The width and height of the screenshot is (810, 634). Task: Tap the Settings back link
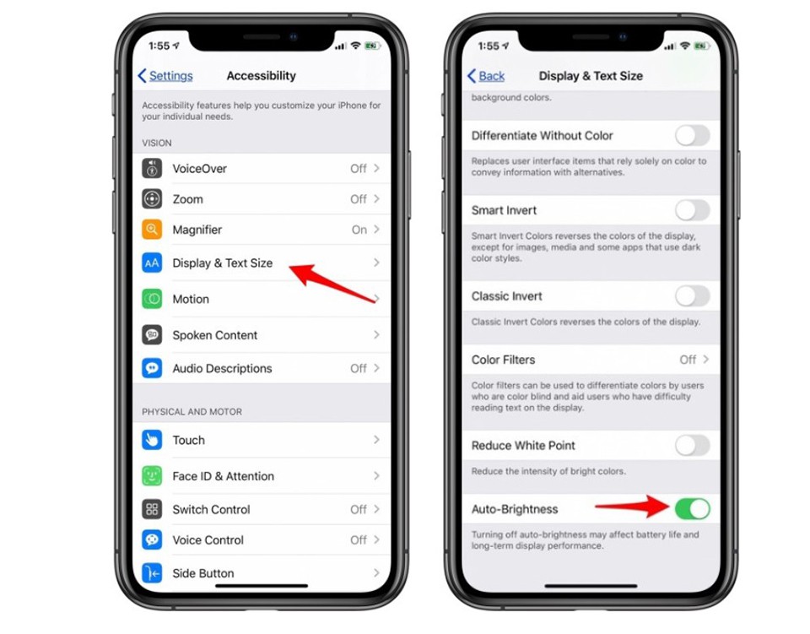pyautogui.click(x=165, y=76)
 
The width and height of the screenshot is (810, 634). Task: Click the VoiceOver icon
pyautogui.click(x=152, y=169)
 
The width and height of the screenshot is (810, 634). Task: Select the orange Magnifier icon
pyautogui.click(x=152, y=230)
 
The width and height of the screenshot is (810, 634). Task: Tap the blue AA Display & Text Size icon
pyautogui.click(x=152, y=263)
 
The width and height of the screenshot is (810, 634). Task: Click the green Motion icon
pyautogui.click(x=152, y=299)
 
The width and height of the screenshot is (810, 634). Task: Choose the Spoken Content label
pyautogui.click(x=215, y=335)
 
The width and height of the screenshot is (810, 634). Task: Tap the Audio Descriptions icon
pyautogui.click(x=152, y=368)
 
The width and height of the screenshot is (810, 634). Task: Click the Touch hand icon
pyautogui.click(x=152, y=440)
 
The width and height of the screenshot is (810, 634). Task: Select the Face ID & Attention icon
pyautogui.click(x=152, y=476)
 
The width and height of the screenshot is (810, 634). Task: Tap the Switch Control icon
pyautogui.click(x=152, y=509)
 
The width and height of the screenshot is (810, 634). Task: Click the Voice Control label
pyautogui.click(x=208, y=540)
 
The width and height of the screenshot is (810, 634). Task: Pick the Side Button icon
pyautogui.click(x=152, y=573)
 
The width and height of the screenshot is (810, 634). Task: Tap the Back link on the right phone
pyautogui.click(x=486, y=76)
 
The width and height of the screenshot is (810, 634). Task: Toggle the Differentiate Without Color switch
pyautogui.click(x=692, y=136)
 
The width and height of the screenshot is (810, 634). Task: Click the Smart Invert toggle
pyautogui.click(x=692, y=210)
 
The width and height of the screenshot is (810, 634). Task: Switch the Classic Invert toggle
pyautogui.click(x=692, y=296)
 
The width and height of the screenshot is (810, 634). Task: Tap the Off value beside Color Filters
pyautogui.click(x=688, y=360)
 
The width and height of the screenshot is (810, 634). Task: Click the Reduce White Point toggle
pyautogui.click(x=692, y=446)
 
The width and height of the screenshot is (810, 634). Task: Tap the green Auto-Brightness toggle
pyautogui.click(x=692, y=509)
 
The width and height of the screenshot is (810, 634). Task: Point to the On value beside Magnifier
pyautogui.click(x=359, y=230)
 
